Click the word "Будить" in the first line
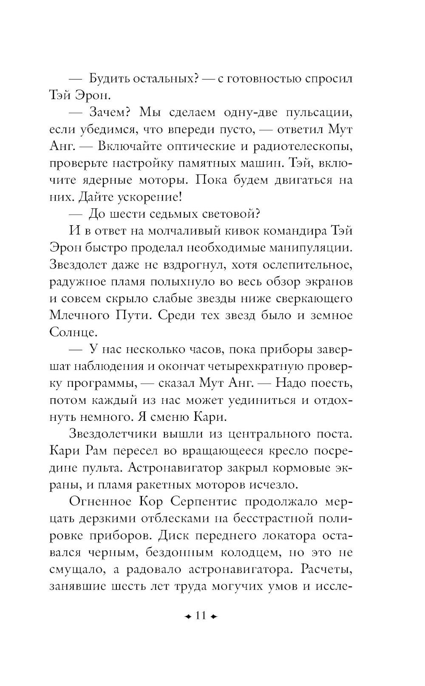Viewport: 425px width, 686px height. pos(108,79)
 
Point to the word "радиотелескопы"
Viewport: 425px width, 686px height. pos(303,146)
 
